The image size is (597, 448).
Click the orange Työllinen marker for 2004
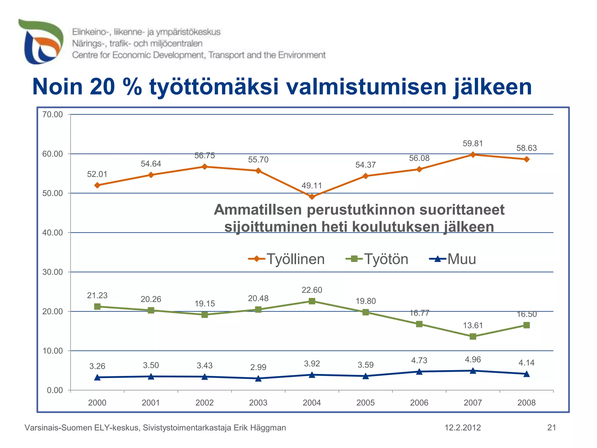coord(312,197)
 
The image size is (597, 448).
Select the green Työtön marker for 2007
coord(473,337)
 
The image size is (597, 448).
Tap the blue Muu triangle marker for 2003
coord(258,379)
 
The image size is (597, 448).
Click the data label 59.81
coord(473,143)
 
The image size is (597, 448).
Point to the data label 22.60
coord(312,290)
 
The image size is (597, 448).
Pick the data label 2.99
coord(258,367)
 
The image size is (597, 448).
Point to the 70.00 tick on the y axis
coord(53,115)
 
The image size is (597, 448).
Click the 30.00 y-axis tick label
coord(53,272)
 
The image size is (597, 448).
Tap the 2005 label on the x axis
coord(366,403)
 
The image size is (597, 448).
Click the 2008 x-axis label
coord(526,403)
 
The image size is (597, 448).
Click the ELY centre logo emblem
coord(41,42)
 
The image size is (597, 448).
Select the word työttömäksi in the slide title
coord(214,87)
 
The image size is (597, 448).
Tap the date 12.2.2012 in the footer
coord(463,428)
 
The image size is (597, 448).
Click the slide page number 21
coord(552,428)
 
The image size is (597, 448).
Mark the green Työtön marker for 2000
coord(97,307)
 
